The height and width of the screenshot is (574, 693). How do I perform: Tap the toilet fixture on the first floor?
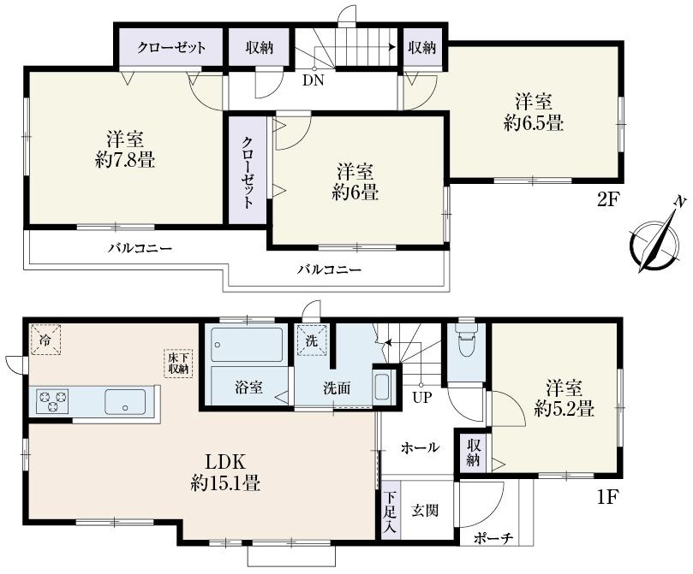(466, 346)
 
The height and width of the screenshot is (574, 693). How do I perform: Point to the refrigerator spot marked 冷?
(45, 338)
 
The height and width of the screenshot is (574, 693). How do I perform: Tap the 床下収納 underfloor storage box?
(179, 363)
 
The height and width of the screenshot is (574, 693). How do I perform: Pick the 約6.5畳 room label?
(533, 112)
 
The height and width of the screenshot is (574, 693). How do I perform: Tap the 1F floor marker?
(608, 496)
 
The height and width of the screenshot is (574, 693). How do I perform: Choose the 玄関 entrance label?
(425, 511)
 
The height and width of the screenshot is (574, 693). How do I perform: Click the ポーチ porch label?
(493, 538)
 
